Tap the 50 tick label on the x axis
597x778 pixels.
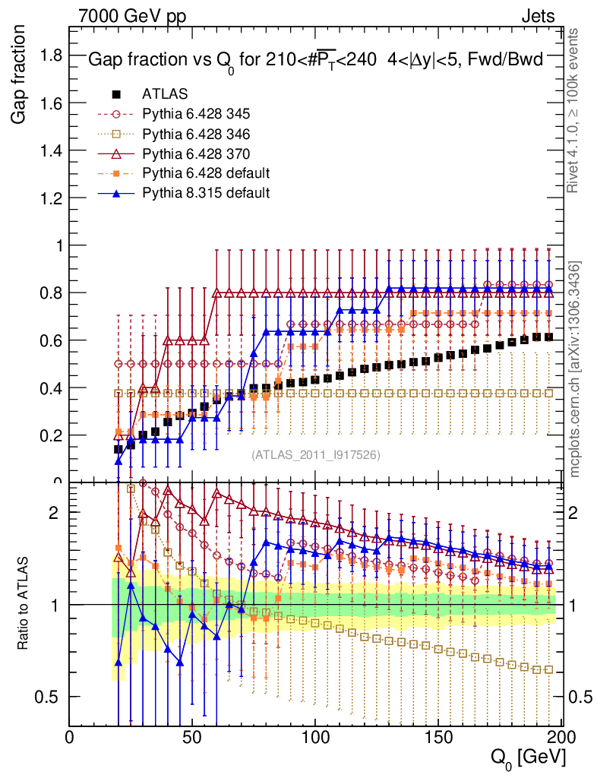tap(193, 736)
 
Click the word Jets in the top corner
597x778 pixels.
tap(538, 14)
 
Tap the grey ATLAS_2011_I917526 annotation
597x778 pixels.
tap(316, 455)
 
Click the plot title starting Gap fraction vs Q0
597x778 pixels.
tap(314, 61)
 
